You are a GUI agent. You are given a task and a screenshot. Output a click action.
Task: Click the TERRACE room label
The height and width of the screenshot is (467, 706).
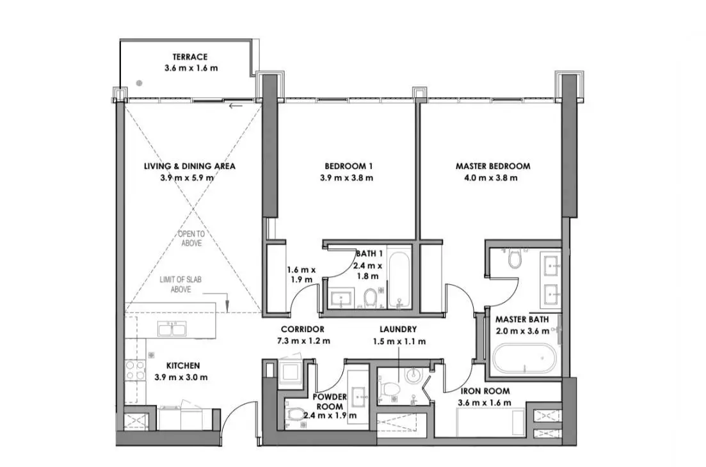coord(190,57)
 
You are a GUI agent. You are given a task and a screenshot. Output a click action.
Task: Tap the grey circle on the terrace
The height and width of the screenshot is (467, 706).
coord(140,83)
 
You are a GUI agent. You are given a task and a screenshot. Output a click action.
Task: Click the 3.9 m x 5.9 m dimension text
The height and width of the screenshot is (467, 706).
coord(187,178)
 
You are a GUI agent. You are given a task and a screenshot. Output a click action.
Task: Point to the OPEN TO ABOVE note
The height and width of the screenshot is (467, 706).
coord(191,239)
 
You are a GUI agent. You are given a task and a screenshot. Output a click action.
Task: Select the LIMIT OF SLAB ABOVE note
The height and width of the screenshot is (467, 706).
coord(181,284)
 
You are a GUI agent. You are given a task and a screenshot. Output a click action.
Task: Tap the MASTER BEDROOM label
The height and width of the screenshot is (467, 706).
coord(493,166)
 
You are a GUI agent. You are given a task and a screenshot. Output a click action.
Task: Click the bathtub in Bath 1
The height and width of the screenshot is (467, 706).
coord(399,280)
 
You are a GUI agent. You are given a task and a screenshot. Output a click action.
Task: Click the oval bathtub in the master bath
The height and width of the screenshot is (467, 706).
coord(525,359)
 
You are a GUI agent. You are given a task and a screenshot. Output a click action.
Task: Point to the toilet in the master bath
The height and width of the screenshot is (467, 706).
coord(515,258)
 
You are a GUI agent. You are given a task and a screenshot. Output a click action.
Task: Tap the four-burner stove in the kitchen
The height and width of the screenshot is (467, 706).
coord(135,370)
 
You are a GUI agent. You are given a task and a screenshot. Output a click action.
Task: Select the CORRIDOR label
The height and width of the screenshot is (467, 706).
coord(303,329)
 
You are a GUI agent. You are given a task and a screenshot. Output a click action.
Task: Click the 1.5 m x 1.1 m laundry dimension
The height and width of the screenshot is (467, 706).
coord(399,342)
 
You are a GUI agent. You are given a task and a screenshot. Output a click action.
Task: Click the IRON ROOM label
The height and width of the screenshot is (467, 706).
coord(485,391)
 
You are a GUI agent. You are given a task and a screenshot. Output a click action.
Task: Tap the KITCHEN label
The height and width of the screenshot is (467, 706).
coord(183,366)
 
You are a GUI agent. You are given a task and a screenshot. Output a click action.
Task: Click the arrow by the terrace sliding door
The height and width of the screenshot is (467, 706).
coord(236,107)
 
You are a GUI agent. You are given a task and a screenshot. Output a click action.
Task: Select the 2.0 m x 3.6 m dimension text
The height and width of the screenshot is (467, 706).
coord(522,331)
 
